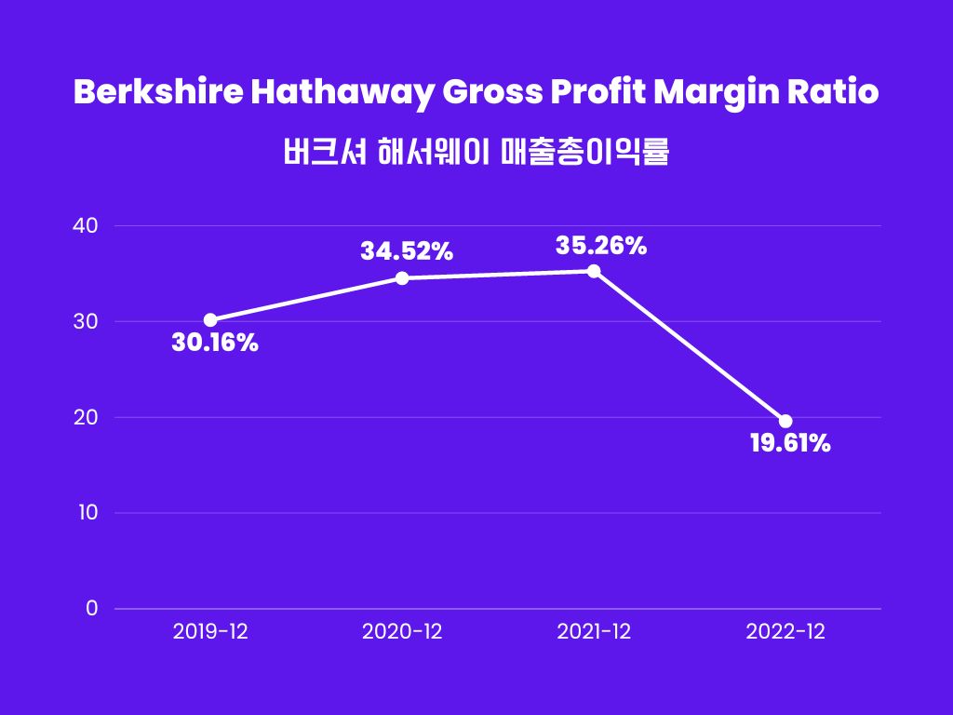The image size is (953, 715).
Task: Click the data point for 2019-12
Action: coord(210,320)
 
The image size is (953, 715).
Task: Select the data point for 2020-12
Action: coord(402,278)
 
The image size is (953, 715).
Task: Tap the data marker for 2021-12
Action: coord(594,271)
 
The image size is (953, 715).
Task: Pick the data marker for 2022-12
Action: coord(785,422)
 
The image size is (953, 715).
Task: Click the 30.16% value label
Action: coord(215,344)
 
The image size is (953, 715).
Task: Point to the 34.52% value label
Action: coord(407,250)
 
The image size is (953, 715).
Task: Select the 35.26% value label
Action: coord(600,246)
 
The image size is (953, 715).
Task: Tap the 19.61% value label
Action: coord(790,443)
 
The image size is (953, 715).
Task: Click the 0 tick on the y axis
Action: coord(91,609)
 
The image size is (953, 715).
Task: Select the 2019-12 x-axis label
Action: coord(210,632)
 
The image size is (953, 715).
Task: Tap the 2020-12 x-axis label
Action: coord(402,632)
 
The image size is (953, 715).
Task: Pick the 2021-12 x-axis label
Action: coord(594,632)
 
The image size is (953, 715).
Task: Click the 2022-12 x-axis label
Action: coord(785,632)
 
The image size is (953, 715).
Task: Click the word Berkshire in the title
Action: coord(147,94)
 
